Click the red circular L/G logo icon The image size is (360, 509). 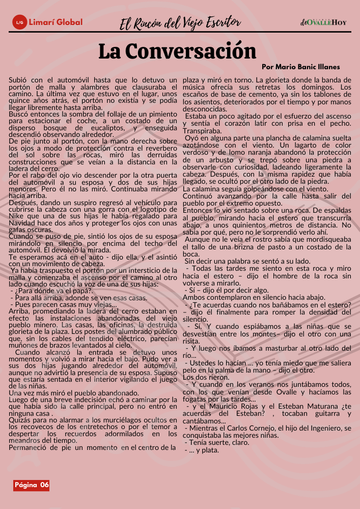coord(20,22)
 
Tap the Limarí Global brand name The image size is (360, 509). coord(56,22)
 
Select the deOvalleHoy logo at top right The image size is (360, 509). coord(324,22)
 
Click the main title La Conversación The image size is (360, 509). coord(177,51)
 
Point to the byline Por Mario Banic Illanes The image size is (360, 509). coord(300,67)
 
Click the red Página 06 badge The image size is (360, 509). coord(32,485)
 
